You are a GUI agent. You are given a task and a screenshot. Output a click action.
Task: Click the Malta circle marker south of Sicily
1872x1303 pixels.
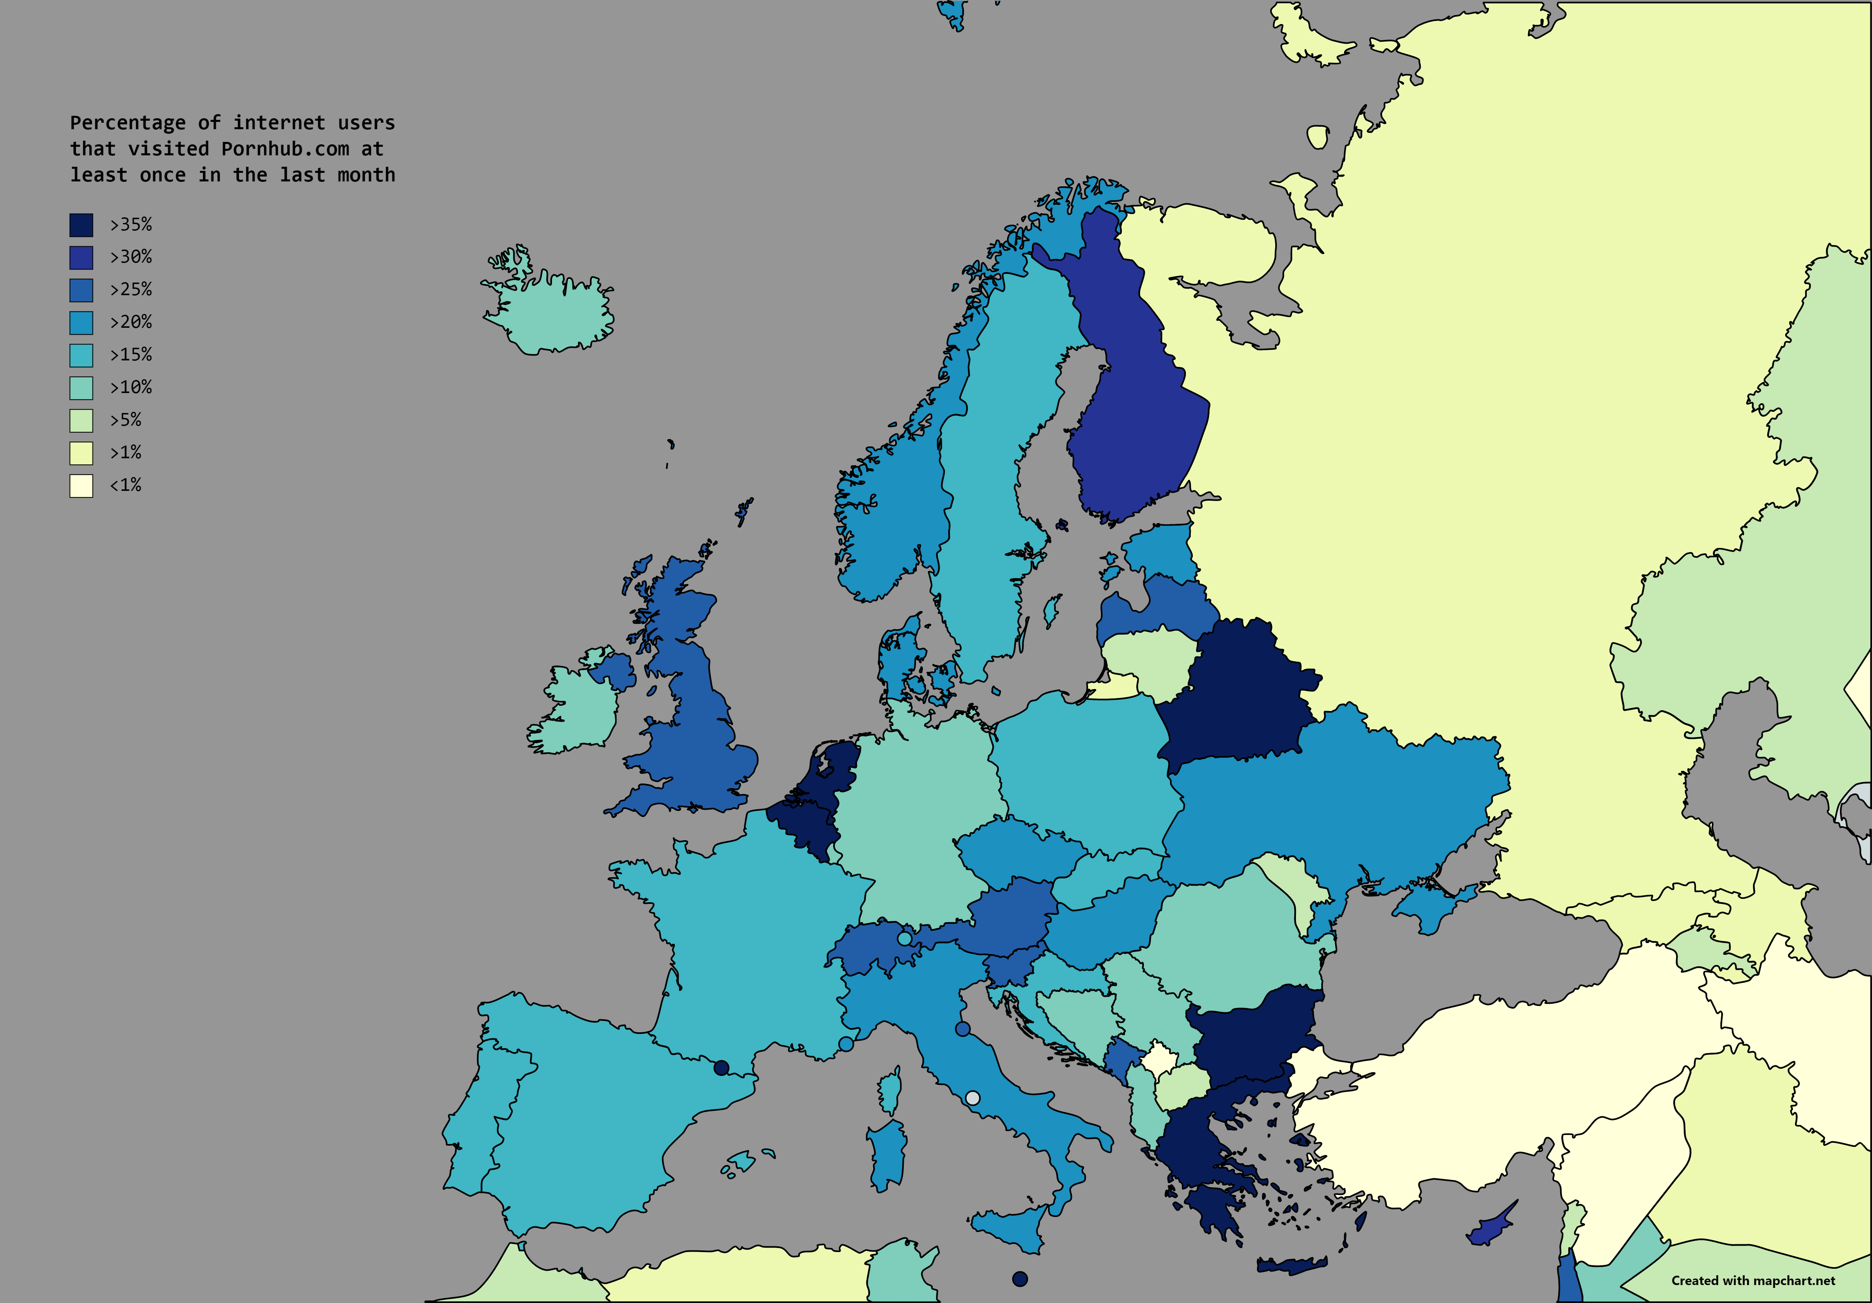(x=1019, y=1279)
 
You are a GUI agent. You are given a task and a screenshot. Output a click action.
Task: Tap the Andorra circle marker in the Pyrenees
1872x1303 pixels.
(x=721, y=1067)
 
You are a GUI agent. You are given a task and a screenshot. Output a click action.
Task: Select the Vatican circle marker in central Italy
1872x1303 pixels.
(x=972, y=1098)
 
